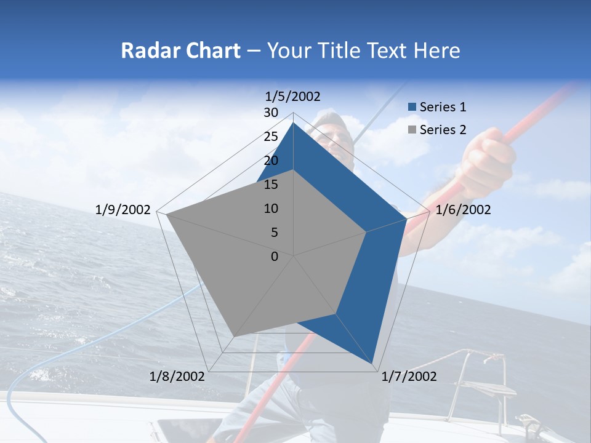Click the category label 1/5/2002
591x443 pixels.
point(293,96)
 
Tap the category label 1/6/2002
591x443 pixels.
point(463,210)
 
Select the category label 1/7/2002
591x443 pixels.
point(409,377)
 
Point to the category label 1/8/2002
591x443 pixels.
point(177,377)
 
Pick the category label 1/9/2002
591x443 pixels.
point(123,210)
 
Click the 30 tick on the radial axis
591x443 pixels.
point(271,113)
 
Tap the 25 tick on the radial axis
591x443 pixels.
point(271,137)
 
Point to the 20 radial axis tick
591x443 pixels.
point(271,161)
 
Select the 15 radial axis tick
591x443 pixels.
point(271,185)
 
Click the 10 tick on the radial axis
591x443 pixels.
point(271,209)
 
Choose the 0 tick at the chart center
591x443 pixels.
point(275,257)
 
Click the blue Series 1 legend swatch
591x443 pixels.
point(412,107)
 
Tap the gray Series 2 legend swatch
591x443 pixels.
point(412,130)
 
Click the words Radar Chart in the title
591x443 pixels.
point(180,50)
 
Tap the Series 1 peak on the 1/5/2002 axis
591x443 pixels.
point(294,122)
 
